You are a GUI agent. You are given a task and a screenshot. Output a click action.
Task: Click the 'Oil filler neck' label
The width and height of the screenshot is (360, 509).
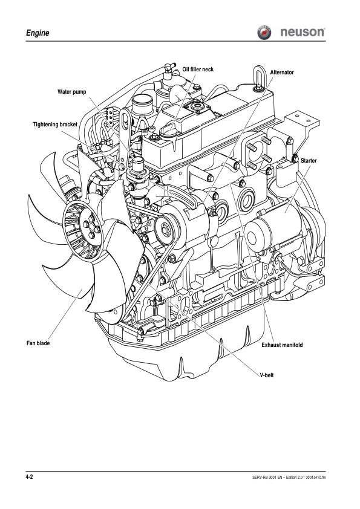[x=198, y=70]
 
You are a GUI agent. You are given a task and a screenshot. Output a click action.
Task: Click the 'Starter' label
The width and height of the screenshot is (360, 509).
[x=309, y=160]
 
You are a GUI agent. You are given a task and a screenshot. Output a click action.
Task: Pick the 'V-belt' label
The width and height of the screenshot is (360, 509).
[x=267, y=375]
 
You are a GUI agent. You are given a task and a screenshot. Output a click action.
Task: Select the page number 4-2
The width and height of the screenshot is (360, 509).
[x=29, y=478]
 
